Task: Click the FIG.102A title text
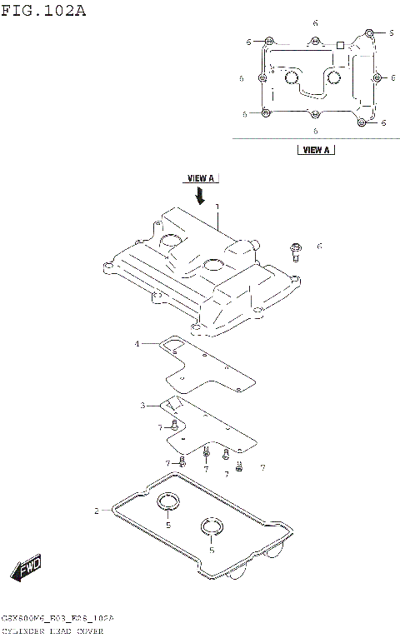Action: [x=43, y=11]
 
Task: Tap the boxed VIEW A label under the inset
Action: [x=315, y=151]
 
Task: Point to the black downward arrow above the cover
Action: [x=200, y=195]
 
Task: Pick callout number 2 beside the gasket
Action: [x=97, y=511]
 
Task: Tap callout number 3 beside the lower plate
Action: [x=142, y=406]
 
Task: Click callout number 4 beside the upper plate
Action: [x=137, y=343]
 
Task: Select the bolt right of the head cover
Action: [x=296, y=251]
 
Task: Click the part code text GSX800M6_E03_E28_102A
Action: [x=57, y=620]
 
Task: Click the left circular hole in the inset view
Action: [x=291, y=78]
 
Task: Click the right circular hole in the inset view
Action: [x=334, y=78]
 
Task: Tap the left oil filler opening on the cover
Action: [x=170, y=242]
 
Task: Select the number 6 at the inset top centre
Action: [x=315, y=22]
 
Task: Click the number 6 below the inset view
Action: [x=315, y=131]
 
